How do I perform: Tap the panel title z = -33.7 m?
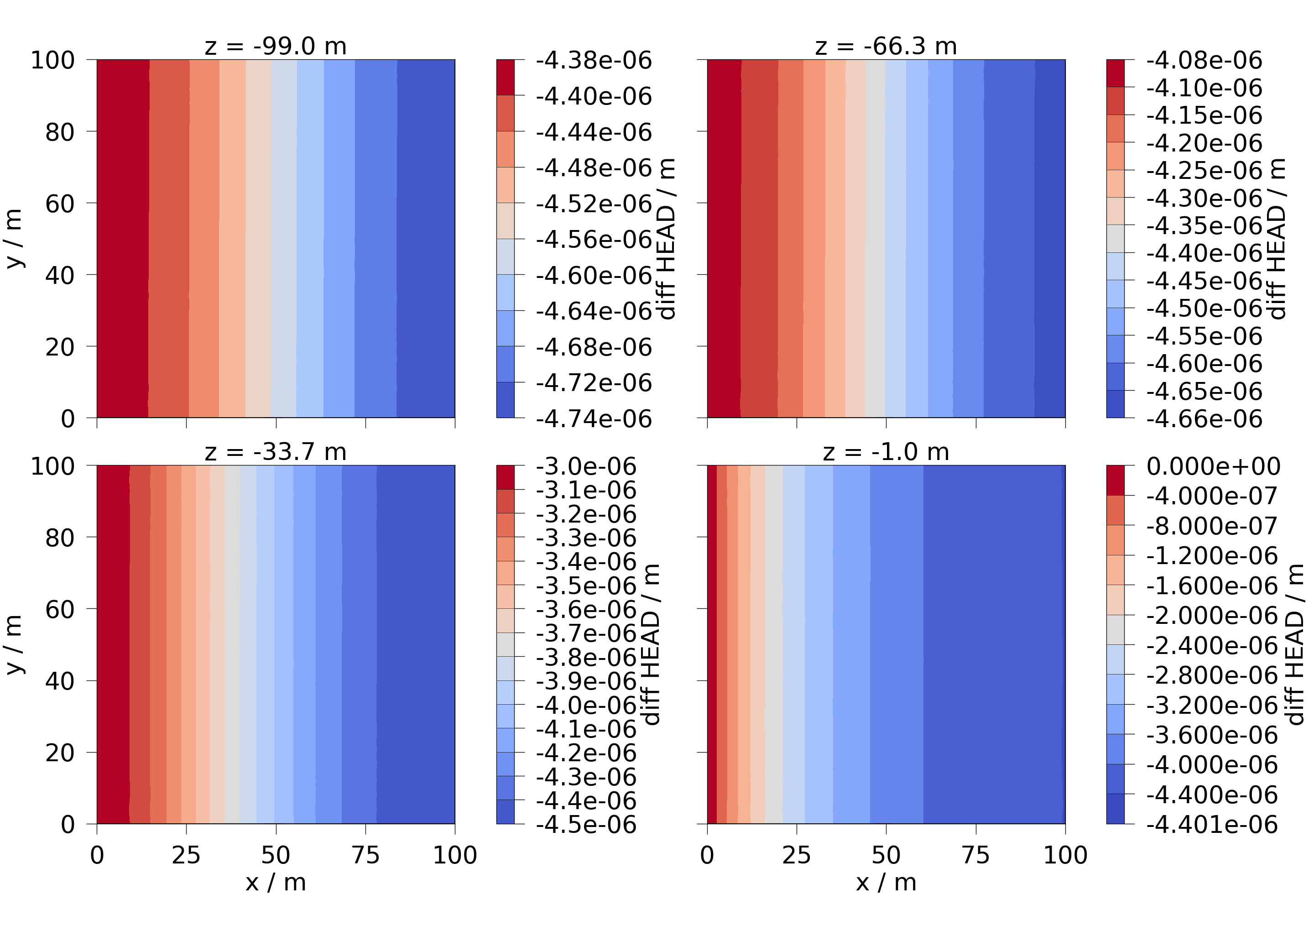click(x=276, y=452)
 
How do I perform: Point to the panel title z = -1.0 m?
click(x=886, y=452)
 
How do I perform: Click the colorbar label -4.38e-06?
click(x=594, y=60)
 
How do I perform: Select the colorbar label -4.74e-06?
click(x=594, y=419)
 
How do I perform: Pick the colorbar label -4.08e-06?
click(x=1204, y=60)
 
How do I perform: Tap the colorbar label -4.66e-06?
click(x=1204, y=419)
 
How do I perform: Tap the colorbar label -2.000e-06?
click(x=1212, y=616)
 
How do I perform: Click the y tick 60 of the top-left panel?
click(x=60, y=204)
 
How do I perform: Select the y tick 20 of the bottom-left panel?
click(x=60, y=753)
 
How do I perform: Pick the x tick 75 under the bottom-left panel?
click(x=365, y=855)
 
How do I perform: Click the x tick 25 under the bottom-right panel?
click(x=797, y=855)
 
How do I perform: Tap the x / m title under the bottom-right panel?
click(x=886, y=882)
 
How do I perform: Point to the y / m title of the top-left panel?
click(x=14, y=239)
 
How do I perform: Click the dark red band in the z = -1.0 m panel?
click(x=712, y=644)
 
